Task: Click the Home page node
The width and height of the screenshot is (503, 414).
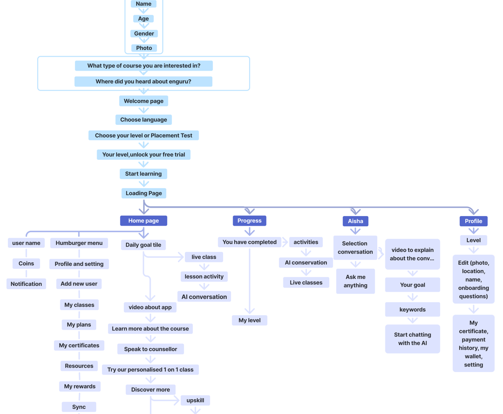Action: (143, 221)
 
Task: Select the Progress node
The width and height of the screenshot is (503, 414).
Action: (249, 221)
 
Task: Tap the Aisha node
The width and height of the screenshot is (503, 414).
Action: (355, 221)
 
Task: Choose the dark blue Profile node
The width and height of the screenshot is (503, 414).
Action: (473, 221)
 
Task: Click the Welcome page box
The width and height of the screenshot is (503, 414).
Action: (143, 101)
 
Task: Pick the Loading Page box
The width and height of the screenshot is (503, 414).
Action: (144, 193)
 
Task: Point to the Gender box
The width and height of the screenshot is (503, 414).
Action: (144, 34)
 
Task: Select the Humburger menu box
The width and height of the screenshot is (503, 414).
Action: (79, 243)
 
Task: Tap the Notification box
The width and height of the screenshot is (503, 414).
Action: (26, 284)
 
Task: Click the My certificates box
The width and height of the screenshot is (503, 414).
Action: (79, 345)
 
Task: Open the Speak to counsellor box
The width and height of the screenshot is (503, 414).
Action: (150, 349)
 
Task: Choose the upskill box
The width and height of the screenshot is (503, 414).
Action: (195, 400)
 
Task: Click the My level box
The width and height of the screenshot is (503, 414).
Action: (249, 320)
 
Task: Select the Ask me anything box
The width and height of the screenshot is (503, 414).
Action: (355, 281)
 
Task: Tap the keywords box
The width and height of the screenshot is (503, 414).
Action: (413, 310)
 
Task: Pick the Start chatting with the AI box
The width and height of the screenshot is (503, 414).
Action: (413, 339)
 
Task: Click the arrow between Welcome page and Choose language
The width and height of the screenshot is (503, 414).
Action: (143, 110)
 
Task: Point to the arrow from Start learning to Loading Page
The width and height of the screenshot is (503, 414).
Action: (143, 184)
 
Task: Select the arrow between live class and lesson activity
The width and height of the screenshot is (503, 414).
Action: (204, 267)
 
